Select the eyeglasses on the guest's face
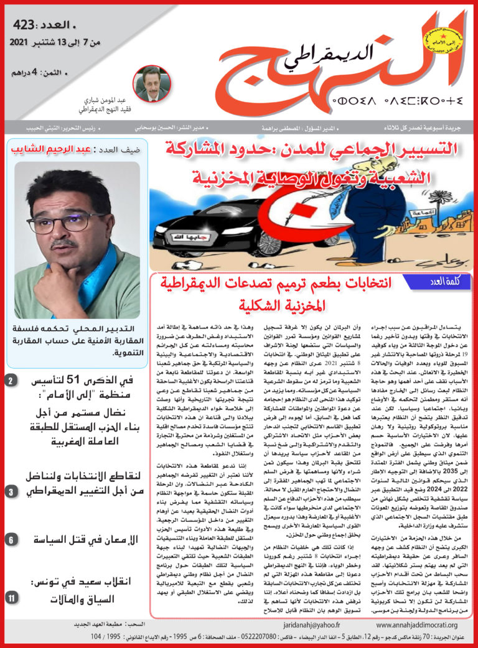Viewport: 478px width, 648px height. [x=60, y=221]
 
